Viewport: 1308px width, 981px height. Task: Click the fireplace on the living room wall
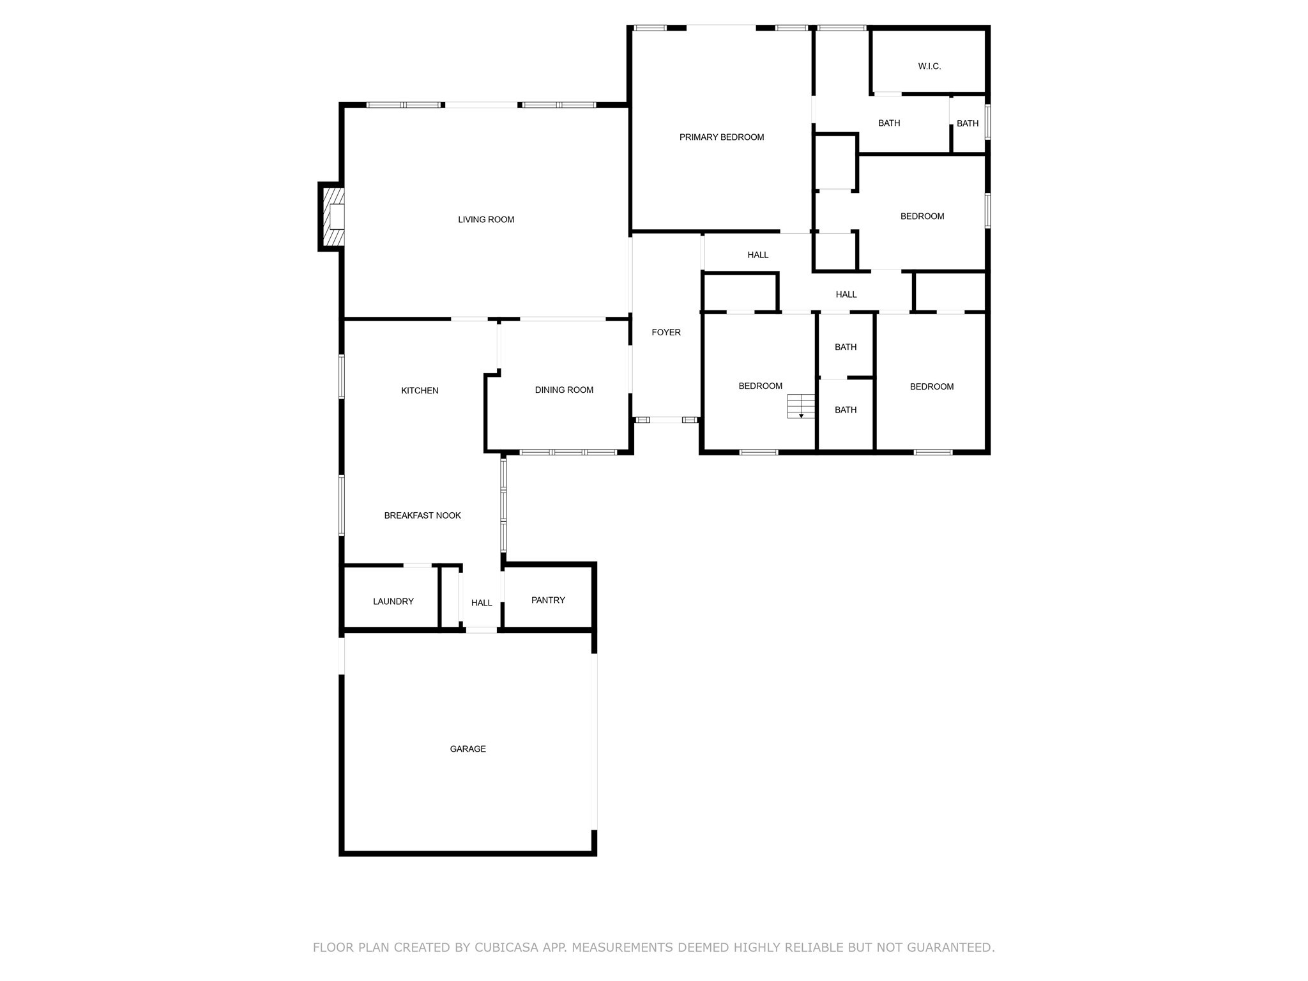(x=333, y=217)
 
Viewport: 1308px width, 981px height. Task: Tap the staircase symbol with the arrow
(x=801, y=406)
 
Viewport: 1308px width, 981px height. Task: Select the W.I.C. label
(x=929, y=66)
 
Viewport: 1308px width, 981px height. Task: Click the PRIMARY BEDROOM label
(x=721, y=137)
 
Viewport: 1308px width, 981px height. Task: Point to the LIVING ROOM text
(x=486, y=220)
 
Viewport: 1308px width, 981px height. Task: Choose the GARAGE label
(x=468, y=749)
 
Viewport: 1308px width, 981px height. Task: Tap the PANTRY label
(x=548, y=600)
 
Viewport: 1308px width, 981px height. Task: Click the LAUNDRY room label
(x=393, y=602)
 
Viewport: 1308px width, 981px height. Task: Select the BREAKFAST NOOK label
(x=422, y=515)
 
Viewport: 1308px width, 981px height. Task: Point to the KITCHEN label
(x=420, y=391)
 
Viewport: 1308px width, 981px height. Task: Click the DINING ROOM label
(x=564, y=390)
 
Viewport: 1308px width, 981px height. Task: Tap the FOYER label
(x=666, y=333)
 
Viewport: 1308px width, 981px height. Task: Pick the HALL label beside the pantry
(x=482, y=603)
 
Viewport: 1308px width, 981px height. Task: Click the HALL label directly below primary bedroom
(x=758, y=255)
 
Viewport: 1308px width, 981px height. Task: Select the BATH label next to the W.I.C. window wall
(x=968, y=124)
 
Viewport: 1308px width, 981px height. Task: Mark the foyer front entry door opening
(x=666, y=420)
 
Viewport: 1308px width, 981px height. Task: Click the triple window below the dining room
(x=568, y=452)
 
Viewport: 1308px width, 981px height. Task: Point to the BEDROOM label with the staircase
(x=760, y=386)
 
